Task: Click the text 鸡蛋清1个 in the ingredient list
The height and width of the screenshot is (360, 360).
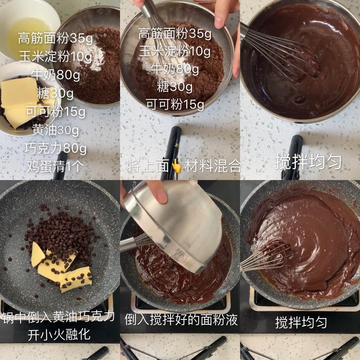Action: click(55, 166)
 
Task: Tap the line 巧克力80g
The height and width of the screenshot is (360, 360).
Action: click(55, 148)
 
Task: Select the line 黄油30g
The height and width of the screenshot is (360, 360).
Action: click(56, 130)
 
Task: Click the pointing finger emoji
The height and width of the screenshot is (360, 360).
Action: click(177, 166)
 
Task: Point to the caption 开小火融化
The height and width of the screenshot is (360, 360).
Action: click(59, 335)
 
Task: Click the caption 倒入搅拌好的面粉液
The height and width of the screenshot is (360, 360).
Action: click(181, 319)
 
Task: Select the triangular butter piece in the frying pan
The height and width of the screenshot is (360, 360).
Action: click(37, 254)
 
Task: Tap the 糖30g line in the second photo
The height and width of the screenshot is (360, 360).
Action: click(175, 87)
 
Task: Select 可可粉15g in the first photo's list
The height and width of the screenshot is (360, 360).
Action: click(55, 112)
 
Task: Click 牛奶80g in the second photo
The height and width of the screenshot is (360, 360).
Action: click(175, 69)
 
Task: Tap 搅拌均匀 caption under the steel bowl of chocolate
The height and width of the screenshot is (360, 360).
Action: click(308, 162)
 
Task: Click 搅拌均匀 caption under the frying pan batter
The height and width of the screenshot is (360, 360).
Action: click(301, 323)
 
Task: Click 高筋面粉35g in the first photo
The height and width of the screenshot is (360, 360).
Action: click(55, 38)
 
